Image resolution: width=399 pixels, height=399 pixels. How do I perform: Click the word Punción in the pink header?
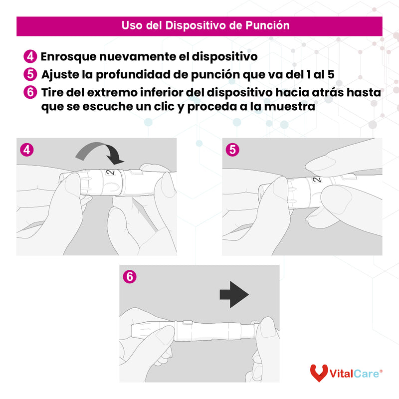coord(267,25)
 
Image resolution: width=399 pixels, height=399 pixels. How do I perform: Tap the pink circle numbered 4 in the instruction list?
coord(30,56)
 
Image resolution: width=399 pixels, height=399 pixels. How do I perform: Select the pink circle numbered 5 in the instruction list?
coord(30,75)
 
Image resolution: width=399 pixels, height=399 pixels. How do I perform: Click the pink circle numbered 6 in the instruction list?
coord(30,93)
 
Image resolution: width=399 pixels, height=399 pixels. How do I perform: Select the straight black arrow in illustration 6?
coord(234,295)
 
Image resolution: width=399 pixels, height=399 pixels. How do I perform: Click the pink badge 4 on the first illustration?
coord(26,150)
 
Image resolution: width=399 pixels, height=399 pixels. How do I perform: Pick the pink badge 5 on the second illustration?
coord(231,150)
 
